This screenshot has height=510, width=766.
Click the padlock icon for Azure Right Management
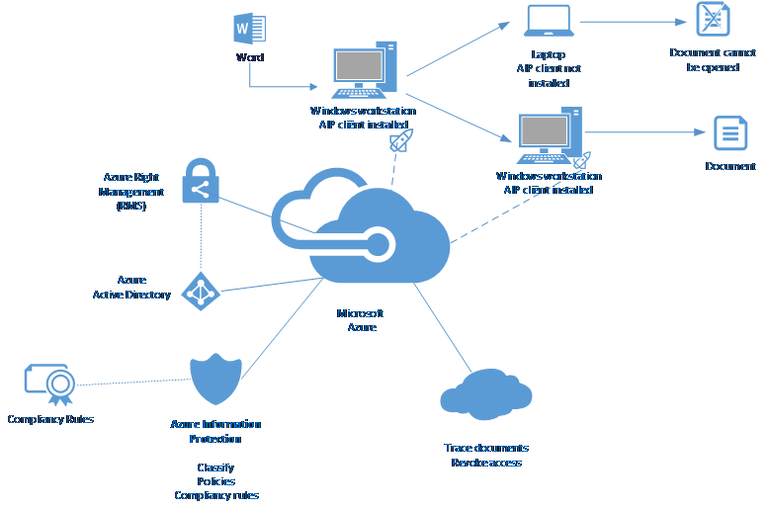200,180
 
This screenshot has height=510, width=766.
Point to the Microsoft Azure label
361,320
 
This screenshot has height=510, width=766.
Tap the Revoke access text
485,463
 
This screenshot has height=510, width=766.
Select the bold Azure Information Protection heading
215,431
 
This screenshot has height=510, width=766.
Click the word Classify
215,467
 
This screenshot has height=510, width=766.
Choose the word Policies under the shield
215,481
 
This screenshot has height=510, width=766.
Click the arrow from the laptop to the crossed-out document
633,20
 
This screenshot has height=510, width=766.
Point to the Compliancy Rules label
50,419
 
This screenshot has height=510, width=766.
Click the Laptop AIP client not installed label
549,68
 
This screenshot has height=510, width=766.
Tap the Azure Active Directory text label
131,288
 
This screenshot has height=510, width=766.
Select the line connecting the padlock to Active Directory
201,237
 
